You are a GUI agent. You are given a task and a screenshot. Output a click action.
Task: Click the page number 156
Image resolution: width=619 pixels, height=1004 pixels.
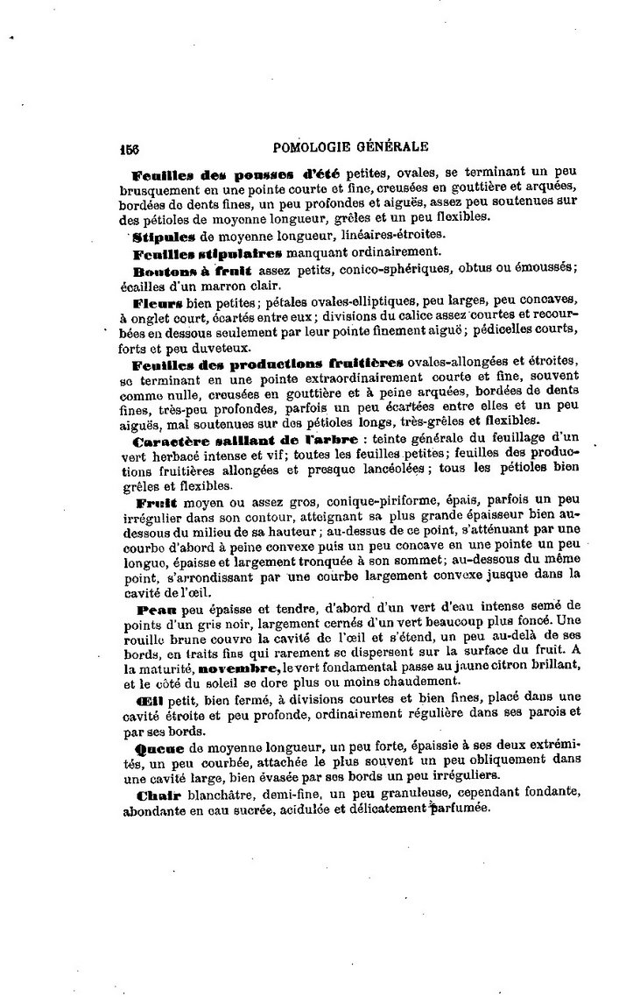pos(131,148)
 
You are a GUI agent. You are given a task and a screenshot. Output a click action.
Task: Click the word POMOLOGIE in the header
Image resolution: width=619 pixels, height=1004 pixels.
pos(314,147)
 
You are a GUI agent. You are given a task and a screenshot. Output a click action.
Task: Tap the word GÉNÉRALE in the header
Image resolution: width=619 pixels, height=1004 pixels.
pos(391,147)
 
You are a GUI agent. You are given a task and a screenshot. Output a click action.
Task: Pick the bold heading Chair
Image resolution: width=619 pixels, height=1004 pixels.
pos(158,795)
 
